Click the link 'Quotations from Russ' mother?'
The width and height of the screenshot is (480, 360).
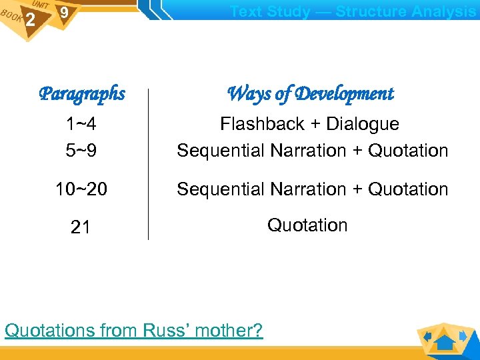point(133,330)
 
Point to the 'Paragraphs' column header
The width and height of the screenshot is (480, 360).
point(82,93)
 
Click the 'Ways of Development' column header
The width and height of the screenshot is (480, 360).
point(310,93)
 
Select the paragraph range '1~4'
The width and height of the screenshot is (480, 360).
point(80,124)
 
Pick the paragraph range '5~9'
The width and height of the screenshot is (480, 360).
point(80,151)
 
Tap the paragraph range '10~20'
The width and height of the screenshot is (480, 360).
point(81,189)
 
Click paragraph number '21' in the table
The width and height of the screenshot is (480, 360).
point(81,227)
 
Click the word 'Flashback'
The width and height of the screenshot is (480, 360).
point(261,124)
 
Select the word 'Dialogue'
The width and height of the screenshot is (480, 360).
point(362,124)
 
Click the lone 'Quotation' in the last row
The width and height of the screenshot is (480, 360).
point(307,225)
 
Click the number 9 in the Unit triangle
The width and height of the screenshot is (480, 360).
point(63,13)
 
